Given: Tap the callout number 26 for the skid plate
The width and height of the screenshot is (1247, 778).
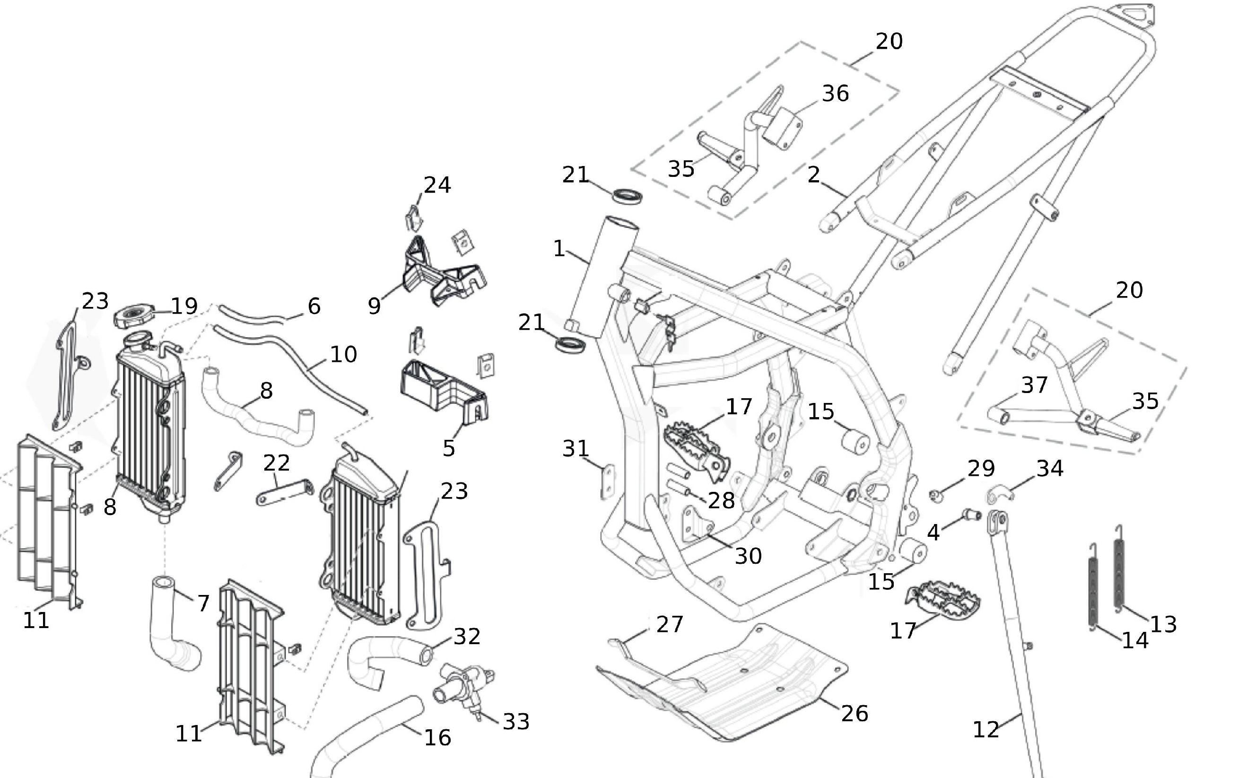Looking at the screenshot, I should point(855,714).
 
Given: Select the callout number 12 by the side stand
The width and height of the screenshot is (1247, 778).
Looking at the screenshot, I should point(985,730).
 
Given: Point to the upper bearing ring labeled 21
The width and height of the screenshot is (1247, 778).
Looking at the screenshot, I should point(628,195).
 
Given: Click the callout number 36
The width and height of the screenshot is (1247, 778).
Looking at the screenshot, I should point(836,94).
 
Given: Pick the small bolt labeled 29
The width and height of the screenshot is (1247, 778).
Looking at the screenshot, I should point(937,496).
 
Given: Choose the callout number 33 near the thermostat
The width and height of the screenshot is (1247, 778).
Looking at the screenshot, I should point(516,722).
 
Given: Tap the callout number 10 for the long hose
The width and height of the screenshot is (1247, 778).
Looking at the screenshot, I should point(343,355).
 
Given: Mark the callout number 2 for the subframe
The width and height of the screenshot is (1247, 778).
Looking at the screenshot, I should point(813,175).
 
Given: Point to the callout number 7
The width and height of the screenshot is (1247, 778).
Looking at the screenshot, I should point(203,603).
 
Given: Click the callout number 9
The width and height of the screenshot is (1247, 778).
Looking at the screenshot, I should point(375,306).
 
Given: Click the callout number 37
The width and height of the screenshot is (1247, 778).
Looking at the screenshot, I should point(1035,385).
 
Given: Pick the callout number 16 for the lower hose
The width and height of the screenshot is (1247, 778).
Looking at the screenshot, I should point(437,738).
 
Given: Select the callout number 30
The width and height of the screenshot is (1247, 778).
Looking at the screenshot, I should point(748,556).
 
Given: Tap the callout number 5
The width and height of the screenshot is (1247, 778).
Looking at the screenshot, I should point(449,448).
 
